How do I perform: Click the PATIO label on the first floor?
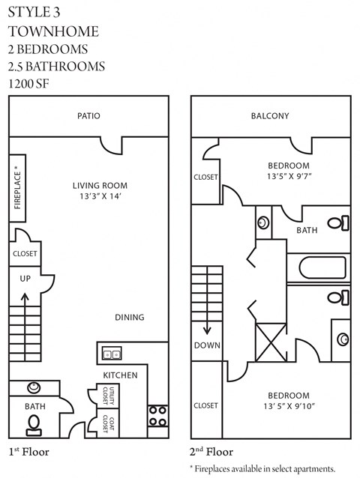[88, 116]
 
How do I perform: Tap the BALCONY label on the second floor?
[269, 116]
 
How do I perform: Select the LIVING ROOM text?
[100, 186]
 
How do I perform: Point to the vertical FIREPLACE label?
[18, 187]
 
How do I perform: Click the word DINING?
[129, 317]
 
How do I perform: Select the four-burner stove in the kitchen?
[157, 415]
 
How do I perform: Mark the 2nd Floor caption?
[211, 452]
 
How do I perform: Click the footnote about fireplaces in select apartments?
[262, 468]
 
